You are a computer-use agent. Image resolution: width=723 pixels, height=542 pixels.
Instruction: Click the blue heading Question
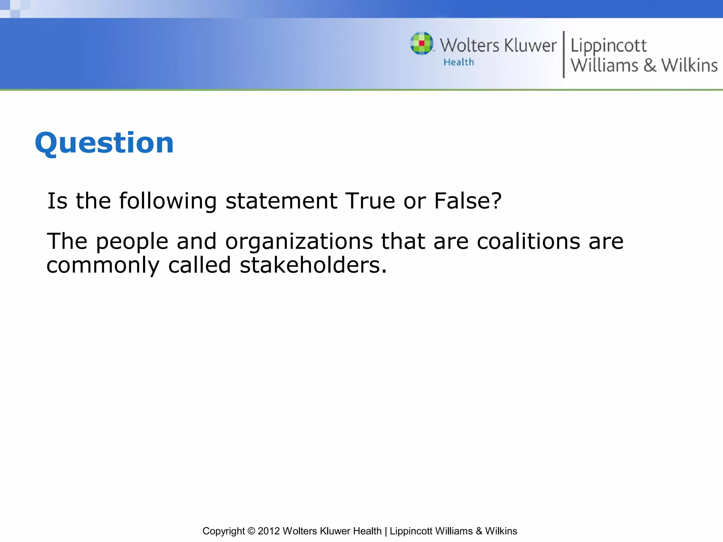[104, 143]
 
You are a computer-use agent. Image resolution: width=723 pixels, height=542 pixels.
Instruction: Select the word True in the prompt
[370, 201]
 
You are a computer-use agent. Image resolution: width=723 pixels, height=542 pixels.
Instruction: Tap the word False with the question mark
[467, 201]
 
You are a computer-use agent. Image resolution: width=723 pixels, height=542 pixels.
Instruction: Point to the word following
[168, 201]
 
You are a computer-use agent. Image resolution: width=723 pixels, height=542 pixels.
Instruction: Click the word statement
[281, 201]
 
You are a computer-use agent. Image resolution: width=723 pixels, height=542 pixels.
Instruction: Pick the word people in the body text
[132, 242]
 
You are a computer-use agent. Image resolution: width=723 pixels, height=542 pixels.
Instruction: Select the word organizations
[299, 242]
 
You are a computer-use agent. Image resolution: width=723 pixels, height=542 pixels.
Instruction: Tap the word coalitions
[528, 242]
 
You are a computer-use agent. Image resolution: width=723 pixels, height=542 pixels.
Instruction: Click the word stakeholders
[313, 265]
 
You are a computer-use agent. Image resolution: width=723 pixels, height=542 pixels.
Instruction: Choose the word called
[199, 265]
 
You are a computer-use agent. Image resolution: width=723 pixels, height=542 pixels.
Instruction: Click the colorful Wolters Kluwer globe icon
[422, 43]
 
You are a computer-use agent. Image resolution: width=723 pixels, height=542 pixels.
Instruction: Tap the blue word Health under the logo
[459, 62]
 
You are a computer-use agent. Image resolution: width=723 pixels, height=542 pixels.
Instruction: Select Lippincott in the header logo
[608, 46]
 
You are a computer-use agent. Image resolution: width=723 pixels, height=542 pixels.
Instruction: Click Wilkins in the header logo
[689, 65]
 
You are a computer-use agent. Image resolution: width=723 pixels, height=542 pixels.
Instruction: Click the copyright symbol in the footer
[251, 531]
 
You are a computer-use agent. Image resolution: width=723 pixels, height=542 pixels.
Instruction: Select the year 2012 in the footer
[269, 531]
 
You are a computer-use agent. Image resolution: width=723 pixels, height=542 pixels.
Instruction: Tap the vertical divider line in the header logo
[563, 54]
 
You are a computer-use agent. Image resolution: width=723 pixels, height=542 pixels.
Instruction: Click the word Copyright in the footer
[223, 531]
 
